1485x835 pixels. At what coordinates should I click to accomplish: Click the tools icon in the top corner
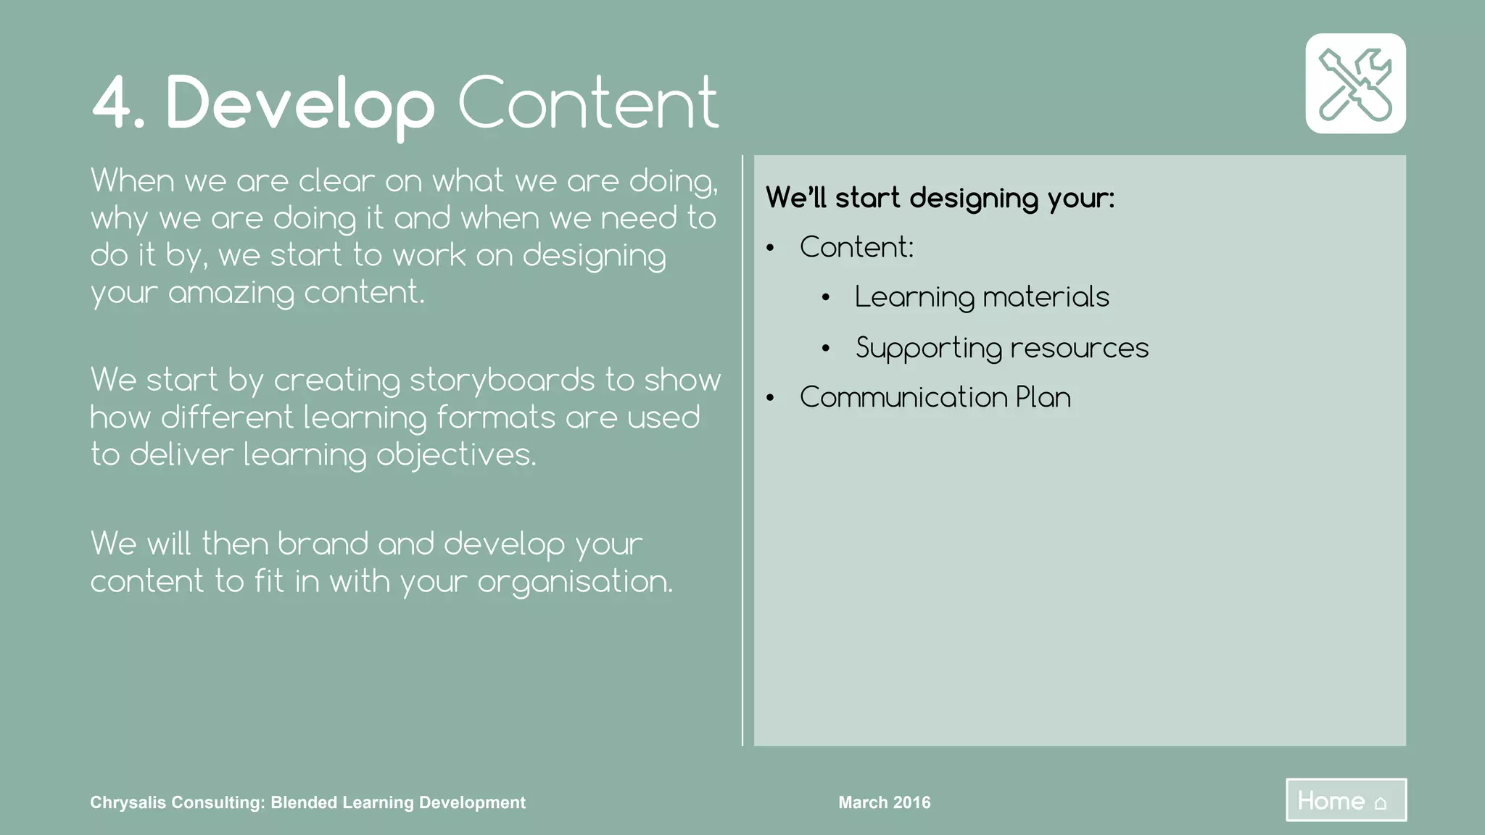pyautogui.click(x=1355, y=83)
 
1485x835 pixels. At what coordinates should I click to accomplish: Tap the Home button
pyautogui.click(x=1346, y=800)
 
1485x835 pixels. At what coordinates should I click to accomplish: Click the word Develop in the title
pyautogui.click(x=300, y=104)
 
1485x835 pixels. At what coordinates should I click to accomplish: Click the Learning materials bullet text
pyautogui.click(x=982, y=297)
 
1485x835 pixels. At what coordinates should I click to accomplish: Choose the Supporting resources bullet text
pyautogui.click(x=1002, y=348)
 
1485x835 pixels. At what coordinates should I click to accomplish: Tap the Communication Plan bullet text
pyautogui.click(x=935, y=397)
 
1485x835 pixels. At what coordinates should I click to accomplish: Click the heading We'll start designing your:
pyautogui.click(x=940, y=198)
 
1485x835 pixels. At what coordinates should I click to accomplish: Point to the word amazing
pyautogui.click(x=231, y=293)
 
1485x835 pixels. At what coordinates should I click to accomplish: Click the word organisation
pyautogui.click(x=574, y=582)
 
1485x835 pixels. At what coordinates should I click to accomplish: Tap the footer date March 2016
pyautogui.click(x=885, y=802)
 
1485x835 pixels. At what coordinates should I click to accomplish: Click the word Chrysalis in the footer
pyautogui.click(x=125, y=802)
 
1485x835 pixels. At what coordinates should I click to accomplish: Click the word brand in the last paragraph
pyautogui.click(x=322, y=544)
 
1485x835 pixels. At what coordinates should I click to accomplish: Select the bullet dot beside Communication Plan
pyautogui.click(x=770, y=398)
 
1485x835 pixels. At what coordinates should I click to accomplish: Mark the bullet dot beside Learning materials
pyautogui.click(x=825, y=298)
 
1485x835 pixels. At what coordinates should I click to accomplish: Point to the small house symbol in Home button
pyautogui.click(x=1381, y=803)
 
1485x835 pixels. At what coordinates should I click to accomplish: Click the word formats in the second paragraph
pyautogui.click(x=496, y=417)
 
